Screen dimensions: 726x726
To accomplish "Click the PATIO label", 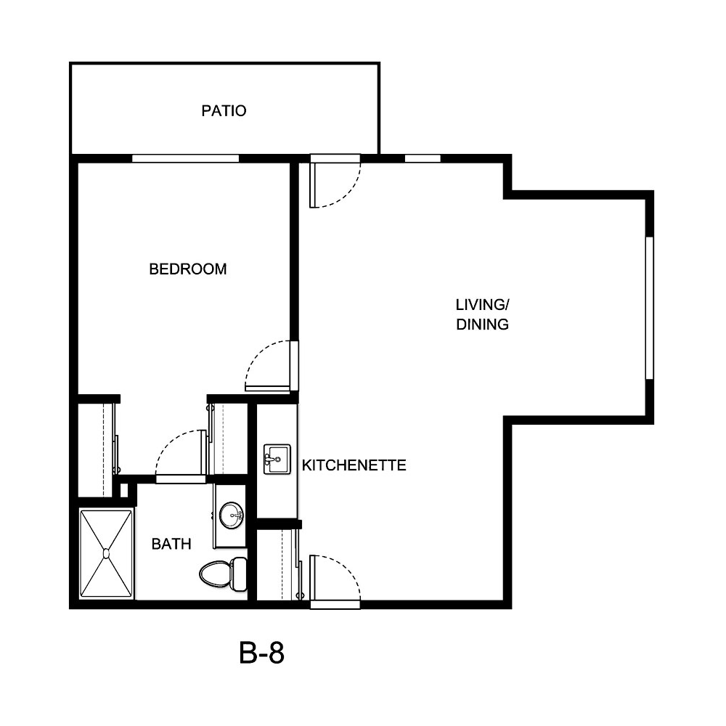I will pos(224,111).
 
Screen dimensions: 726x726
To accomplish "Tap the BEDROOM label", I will pos(187,269).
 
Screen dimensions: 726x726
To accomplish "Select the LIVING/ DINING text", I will pos(481,314).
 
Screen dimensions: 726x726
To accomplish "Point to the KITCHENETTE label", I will pos(354,465).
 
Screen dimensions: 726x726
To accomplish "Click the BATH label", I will pos(171,544).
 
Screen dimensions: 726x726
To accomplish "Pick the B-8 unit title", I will pos(261,653).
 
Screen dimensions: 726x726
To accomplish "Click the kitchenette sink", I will pos(277,459).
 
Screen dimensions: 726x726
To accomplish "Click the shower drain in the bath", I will pos(106,554).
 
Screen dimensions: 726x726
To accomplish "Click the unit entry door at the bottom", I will pos(335,603).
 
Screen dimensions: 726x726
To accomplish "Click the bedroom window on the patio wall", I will pos(185,158).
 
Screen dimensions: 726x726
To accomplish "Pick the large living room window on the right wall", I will pos(650,307).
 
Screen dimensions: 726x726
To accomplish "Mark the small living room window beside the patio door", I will pos(422,158).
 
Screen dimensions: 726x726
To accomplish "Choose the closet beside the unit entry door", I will pos(276,565).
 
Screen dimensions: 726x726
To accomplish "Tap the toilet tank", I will pos(240,574).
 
